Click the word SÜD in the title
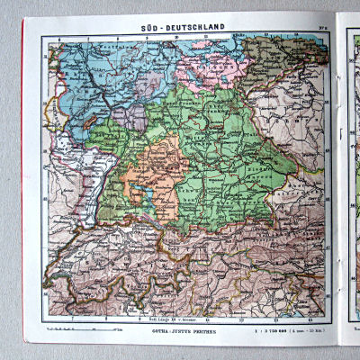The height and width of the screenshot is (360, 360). point(155,28)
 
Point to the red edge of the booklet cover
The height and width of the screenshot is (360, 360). point(23,180)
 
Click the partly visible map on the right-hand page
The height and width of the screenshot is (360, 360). point(352,180)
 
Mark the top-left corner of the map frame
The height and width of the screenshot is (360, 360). point(42,35)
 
